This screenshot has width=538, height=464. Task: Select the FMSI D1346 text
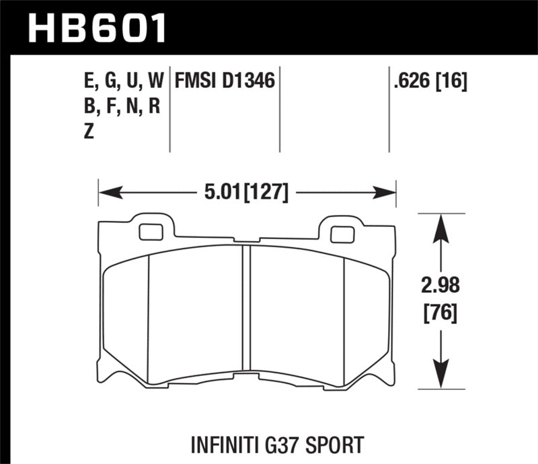[x=225, y=82]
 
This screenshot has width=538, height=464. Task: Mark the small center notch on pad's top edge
[x=247, y=240]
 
